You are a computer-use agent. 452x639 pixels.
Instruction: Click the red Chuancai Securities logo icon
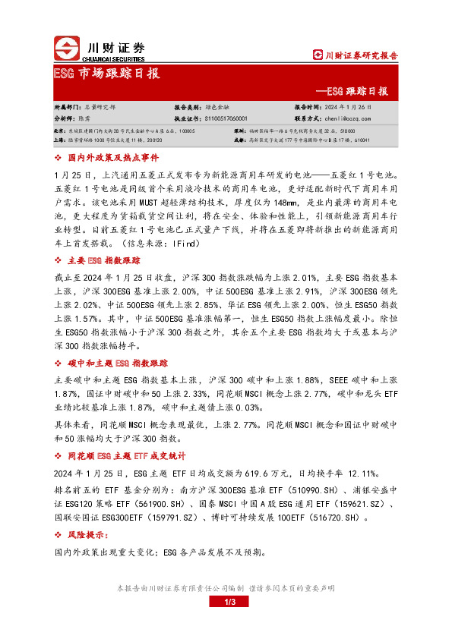pos(67,49)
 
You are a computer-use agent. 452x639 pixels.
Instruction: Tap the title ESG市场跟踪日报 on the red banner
pos(106,74)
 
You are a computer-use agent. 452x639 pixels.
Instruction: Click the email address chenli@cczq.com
pos(346,119)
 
